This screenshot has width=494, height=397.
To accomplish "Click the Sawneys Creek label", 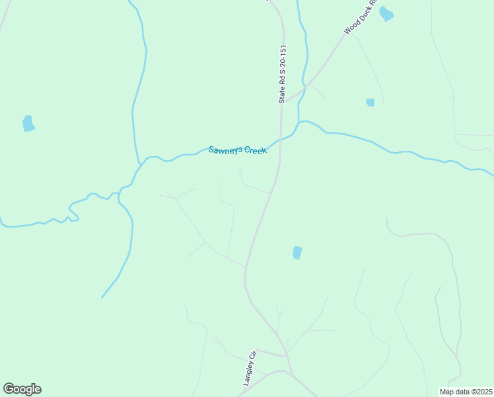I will (x=238, y=150).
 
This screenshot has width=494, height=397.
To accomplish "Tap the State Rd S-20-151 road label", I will (x=282, y=74).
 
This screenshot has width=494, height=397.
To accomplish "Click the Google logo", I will (x=22, y=389).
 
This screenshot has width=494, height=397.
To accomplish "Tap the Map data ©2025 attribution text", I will (x=466, y=392).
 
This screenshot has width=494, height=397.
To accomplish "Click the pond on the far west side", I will (x=28, y=124).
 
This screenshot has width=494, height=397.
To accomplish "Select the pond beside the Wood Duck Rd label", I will (x=386, y=14).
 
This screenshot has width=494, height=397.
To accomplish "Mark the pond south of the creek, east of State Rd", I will (x=297, y=253).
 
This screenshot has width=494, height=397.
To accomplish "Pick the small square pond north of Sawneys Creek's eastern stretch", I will (x=370, y=103).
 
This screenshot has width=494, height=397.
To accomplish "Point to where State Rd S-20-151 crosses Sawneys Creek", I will (x=280, y=140).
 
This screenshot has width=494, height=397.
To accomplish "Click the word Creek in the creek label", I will (x=255, y=151).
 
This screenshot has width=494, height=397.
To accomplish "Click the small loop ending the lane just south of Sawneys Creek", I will (x=239, y=171).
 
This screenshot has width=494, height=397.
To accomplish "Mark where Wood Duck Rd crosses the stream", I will (x=304, y=86).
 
